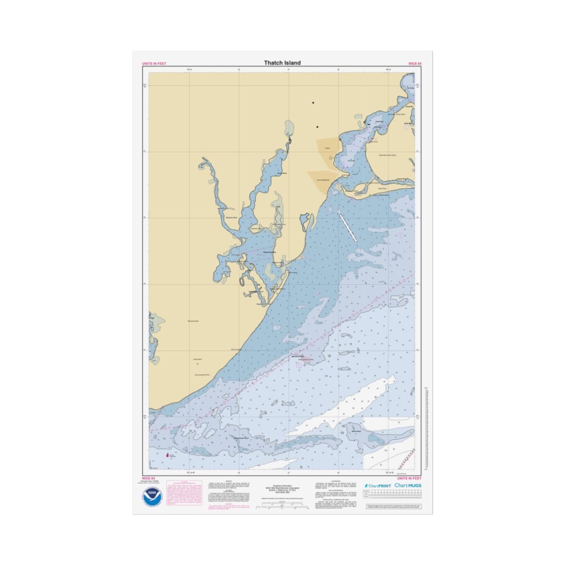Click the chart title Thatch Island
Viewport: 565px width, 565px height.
pos(282,63)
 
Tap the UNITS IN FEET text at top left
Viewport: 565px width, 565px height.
pos(154,64)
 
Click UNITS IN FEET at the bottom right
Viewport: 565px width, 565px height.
pos(409,478)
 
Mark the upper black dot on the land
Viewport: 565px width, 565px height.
pos(313,103)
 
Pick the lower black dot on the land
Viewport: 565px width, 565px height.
pos(317,127)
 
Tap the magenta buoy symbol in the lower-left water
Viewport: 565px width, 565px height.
pos(168,455)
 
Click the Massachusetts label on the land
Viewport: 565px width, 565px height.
pos(193,321)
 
